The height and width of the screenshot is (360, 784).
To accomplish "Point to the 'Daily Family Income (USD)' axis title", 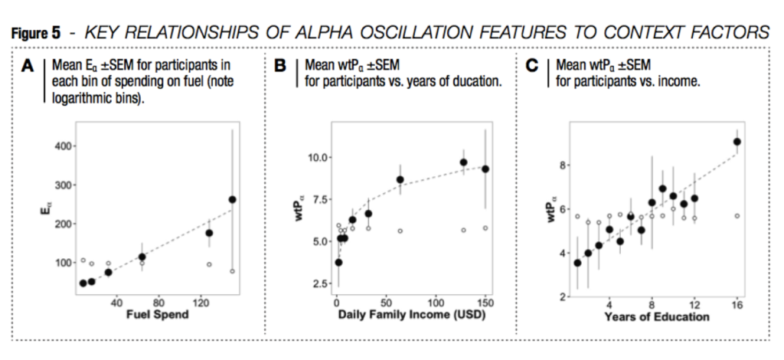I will coord(410,316).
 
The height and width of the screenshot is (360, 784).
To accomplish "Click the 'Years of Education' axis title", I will coord(657,316).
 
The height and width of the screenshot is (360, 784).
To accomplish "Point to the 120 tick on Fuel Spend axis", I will coord(201,304).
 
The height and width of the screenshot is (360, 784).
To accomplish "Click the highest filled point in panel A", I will coord(233,200).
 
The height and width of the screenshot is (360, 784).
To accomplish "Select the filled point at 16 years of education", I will coord(737,142).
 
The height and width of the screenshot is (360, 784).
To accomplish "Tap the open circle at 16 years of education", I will coord(737,216).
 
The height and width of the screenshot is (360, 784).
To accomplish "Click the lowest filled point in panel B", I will coord(338,262).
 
